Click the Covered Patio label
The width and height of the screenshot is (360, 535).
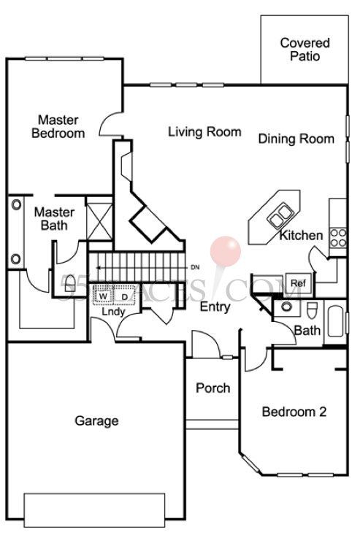[x=305, y=50]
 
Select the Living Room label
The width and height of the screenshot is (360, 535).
[x=204, y=132]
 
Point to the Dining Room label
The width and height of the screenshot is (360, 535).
[x=296, y=139]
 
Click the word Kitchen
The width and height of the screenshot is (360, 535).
[x=301, y=236]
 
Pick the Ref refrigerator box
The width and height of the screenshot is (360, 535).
[x=297, y=283]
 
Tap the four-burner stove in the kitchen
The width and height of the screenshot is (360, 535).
[x=339, y=236]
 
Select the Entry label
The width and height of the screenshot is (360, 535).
[x=215, y=307]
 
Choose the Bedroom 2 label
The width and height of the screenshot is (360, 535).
[x=294, y=412]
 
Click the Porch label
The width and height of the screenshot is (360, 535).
[x=212, y=388]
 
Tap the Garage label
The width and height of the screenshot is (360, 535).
[x=96, y=421]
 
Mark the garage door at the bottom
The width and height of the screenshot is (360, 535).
[x=96, y=509]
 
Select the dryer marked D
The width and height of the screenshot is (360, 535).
[x=124, y=296]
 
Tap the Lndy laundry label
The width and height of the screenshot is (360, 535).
[x=112, y=312]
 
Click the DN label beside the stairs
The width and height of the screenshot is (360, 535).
[x=195, y=267]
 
